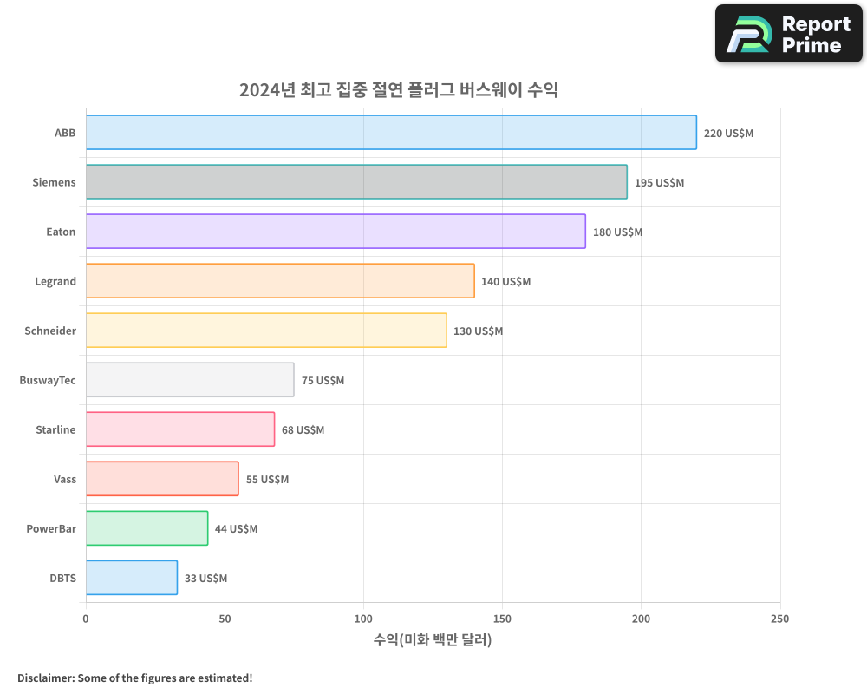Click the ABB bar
pos(391,133)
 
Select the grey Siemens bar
pos(356,182)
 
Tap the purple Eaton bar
pos(336,232)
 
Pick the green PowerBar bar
pos(147,528)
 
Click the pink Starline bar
pos(180,429)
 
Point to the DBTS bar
pos(132,578)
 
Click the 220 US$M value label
pos(728,134)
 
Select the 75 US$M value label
pos(323,381)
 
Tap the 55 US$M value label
pos(267,480)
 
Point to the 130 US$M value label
pos(478,331)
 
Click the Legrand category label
pos(55,281)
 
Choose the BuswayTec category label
pos(48,380)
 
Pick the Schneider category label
pos(50,331)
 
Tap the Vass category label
pos(65,479)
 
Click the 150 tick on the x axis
pos(502,619)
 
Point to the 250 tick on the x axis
pos(779,619)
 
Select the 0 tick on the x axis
pos(86,619)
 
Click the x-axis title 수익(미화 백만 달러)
pos(433,640)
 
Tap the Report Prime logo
pos(788,34)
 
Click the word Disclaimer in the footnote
pos(44,678)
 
